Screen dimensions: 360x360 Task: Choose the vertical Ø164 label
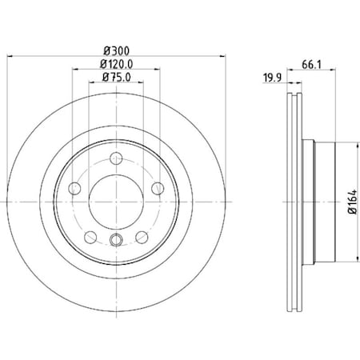[352, 200]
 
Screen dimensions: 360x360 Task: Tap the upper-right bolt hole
[156, 187]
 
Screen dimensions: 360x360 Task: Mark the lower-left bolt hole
[90, 235]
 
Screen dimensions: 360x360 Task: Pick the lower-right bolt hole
[140, 235]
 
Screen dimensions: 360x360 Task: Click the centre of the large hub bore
[115, 201]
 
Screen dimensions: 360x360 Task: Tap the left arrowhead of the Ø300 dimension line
[10, 56]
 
